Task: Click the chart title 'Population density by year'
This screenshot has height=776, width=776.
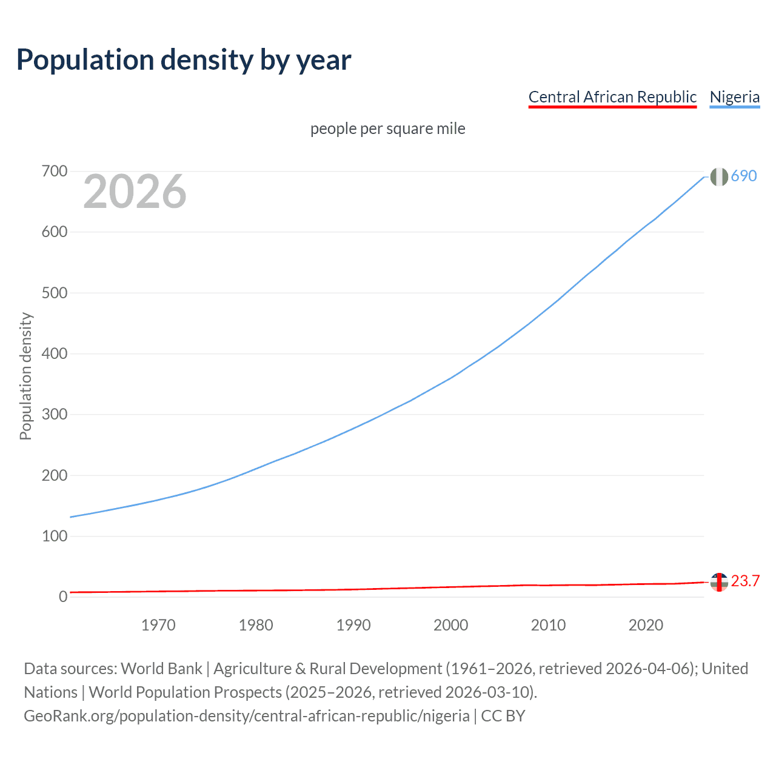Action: coord(184,59)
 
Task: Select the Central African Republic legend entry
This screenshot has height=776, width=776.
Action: coord(612,97)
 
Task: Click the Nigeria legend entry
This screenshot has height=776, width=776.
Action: coord(734,97)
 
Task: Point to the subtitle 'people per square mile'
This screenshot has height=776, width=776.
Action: coord(388,129)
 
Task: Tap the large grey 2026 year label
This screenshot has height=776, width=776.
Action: coord(135,192)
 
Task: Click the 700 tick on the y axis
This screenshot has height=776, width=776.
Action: coord(55,172)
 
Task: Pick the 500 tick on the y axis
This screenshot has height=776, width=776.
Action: coord(55,293)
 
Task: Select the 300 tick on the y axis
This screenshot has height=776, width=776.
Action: coord(55,415)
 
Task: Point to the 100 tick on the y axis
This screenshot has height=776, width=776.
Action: coord(55,536)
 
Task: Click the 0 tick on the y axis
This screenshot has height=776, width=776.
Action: coord(63,597)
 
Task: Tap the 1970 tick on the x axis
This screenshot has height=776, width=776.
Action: coord(158,625)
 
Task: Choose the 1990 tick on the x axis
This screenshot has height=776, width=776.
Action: coord(353,625)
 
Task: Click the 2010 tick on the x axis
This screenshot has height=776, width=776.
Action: coord(548,625)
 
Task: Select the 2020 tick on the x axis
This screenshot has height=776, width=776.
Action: coord(646,625)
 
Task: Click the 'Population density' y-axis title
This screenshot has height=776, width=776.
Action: coord(25,376)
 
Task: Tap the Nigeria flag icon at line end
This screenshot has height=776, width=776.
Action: coord(719,176)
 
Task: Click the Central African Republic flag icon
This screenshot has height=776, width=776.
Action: coord(719,582)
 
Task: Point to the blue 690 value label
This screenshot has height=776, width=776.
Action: coord(744,176)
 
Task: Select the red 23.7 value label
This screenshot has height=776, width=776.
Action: coord(745,581)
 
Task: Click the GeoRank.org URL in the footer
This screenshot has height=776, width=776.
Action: coord(247,716)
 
